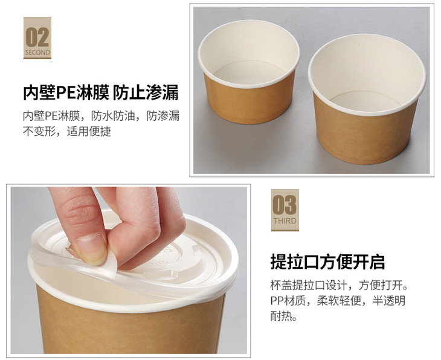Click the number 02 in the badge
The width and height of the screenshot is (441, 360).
(x=37, y=37)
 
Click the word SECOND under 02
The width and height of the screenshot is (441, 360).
(x=37, y=53)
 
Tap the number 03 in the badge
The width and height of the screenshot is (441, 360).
(x=285, y=205)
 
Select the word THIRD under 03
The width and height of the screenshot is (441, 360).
(x=285, y=221)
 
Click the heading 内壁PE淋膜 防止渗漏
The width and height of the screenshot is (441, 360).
(x=101, y=92)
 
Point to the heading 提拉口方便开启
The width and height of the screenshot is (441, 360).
(x=327, y=262)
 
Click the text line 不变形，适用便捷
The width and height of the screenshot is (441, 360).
(x=67, y=131)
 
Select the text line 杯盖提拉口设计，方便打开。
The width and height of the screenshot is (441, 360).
(x=339, y=286)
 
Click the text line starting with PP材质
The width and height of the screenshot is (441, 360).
(x=338, y=301)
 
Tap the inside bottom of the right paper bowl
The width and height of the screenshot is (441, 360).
(x=365, y=100)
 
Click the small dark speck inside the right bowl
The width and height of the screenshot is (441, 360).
(x=359, y=45)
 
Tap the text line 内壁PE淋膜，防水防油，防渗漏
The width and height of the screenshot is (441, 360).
(x=101, y=116)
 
